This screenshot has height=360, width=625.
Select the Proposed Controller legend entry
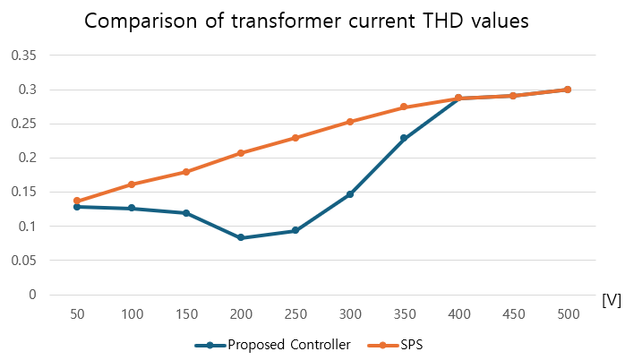(272, 345)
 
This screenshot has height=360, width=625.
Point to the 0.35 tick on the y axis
(23, 56)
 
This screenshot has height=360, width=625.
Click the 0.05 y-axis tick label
(23, 261)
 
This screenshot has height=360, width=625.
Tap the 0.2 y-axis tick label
(27, 159)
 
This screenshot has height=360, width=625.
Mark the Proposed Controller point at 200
(241, 237)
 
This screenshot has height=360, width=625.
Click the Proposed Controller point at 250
(295, 231)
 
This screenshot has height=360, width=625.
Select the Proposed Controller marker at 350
(404, 138)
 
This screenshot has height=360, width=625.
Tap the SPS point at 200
(241, 153)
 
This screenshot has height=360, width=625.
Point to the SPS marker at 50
(77, 201)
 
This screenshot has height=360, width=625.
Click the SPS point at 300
(349, 122)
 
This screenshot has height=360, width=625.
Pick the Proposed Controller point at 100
(132, 208)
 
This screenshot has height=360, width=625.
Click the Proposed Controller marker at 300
(349, 194)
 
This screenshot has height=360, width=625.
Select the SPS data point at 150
(186, 172)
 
